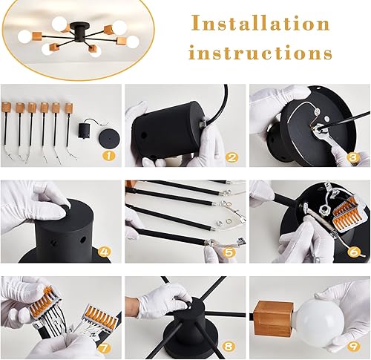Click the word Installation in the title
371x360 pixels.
coord(259,24)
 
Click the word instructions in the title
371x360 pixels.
coord(259,53)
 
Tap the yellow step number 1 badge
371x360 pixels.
coord(108,157)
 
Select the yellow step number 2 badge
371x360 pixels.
coord(232,157)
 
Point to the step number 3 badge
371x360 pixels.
coord(353,157)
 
